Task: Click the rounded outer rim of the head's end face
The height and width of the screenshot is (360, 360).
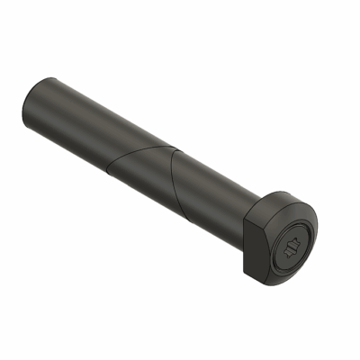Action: (317, 247)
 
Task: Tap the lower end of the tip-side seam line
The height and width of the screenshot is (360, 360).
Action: (108, 170)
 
